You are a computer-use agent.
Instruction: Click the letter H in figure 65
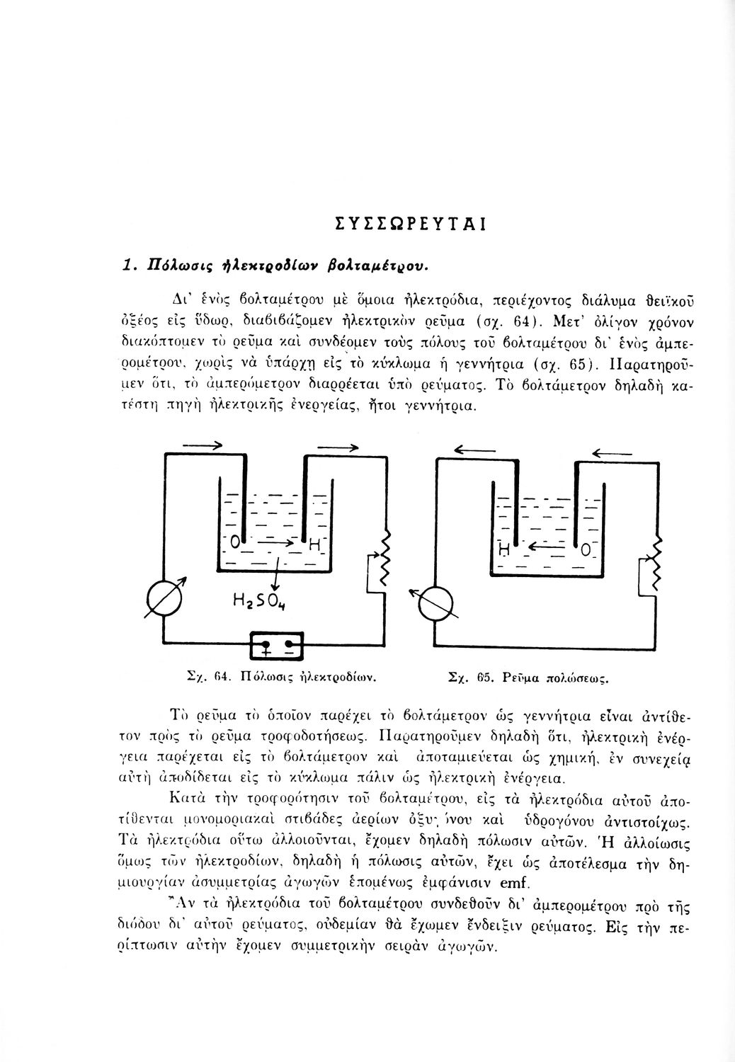pyautogui.click(x=505, y=549)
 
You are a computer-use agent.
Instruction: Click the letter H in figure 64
pyautogui.click(x=315, y=546)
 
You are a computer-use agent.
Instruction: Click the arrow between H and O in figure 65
pyautogui.click(x=545, y=547)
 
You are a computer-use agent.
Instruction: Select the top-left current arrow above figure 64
pyautogui.click(x=203, y=445)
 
